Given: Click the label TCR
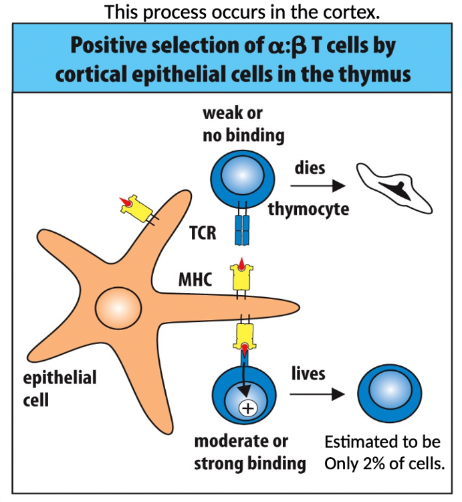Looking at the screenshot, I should [203, 233].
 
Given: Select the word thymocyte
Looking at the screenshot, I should [308, 209].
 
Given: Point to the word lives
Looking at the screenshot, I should [308, 373].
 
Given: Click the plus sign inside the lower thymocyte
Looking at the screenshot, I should [247, 408].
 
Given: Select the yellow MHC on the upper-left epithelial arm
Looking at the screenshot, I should [134, 207].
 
